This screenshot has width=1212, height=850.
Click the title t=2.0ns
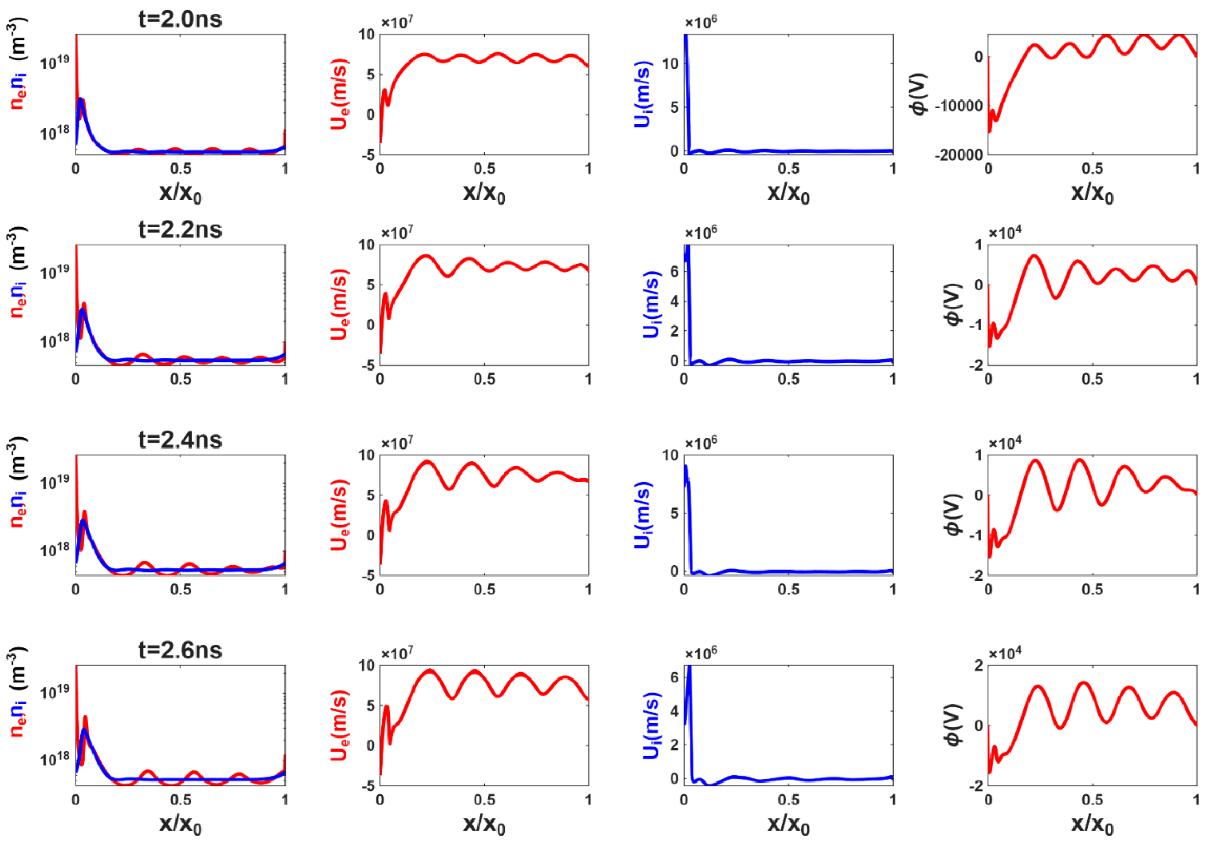180,20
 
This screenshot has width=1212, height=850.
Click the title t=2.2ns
180,230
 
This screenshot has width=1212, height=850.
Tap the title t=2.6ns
180,650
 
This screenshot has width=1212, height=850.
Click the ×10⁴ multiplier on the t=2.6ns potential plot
1005,653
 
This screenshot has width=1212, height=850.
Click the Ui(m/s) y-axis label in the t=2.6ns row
651,726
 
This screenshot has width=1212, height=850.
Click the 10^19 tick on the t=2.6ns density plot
54,691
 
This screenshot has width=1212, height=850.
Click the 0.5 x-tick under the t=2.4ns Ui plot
788,590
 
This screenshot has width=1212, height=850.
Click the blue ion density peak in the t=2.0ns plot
80,99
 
